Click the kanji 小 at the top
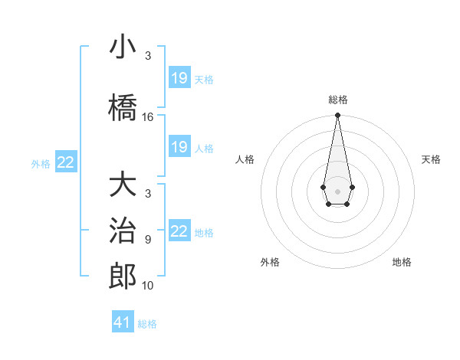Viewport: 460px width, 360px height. (x=123, y=47)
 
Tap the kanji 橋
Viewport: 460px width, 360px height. (x=123, y=106)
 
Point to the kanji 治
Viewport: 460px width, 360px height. (x=123, y=231)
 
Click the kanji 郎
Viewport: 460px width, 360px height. (x=123, y=276)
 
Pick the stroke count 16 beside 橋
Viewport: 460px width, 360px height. (x=148, y=117)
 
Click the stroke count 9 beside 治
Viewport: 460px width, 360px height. (x=148, y=239)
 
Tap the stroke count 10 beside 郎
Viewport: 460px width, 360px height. (x=148, y=286)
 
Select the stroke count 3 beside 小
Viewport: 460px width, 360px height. (x=148, y=56)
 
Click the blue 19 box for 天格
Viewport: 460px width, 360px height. (x=179, y=78)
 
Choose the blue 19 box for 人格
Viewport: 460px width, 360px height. (x=179, y=147)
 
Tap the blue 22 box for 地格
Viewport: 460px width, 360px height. (x=179, y=231)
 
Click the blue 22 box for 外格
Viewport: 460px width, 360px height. (x=66, y=162)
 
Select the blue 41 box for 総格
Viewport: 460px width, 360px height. (x=123, y=322)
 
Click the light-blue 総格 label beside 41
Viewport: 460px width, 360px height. (x=147, y=324)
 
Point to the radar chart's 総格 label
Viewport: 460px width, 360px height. (x=337, y=100)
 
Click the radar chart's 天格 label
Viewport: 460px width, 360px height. (x=432, y=159)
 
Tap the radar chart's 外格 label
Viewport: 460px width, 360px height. (x=270, y=262)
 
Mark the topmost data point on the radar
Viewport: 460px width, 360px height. (x=337, y=115)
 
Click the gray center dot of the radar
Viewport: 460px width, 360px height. (x=337, y=190)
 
